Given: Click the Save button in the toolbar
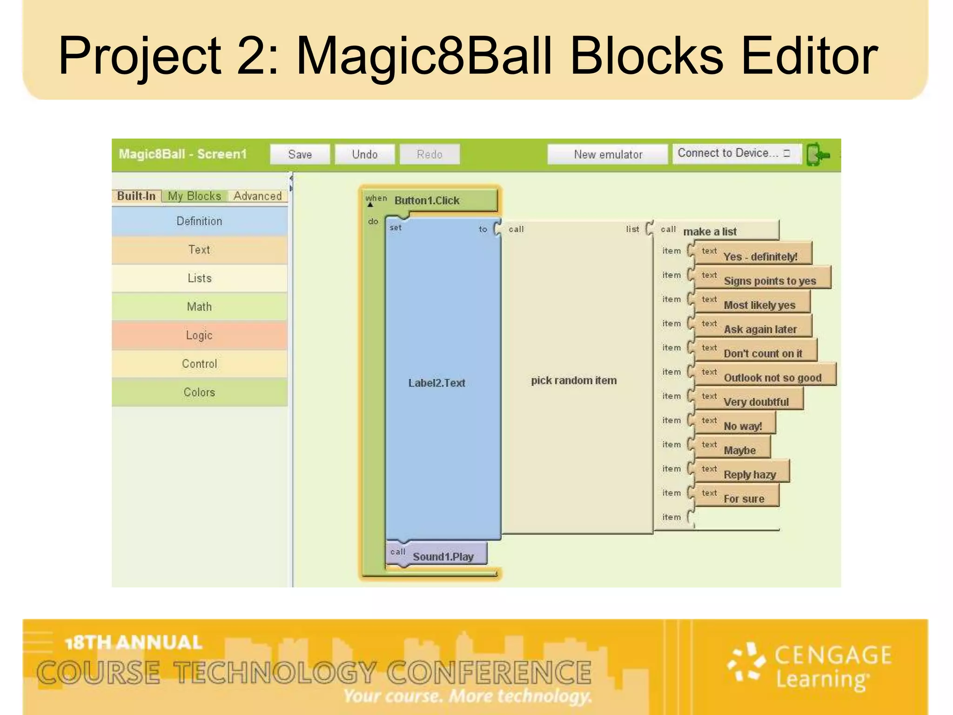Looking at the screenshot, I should point(300,154).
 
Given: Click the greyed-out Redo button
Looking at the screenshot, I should point(429,154).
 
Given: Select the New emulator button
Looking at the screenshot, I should point(607,154).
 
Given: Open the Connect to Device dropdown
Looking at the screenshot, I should point(736,153).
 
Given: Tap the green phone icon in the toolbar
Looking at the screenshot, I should point(818,155).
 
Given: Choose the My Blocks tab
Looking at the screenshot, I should point(194,196).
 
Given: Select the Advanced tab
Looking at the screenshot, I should point(257,196).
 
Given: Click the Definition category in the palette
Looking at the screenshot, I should point(199,221).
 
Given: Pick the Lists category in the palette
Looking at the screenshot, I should point(199,278).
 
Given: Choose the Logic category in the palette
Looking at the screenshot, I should point(199,335).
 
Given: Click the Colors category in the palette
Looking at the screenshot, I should point(199,392).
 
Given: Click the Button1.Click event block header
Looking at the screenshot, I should point(427,201).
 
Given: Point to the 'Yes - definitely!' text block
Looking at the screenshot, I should point(759,256).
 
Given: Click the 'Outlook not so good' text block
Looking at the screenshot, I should point(772,378).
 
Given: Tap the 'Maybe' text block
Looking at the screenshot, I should point(739,450).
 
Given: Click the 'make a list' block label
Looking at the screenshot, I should point(710,231).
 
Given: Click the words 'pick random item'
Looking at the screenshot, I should point(574,380).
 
